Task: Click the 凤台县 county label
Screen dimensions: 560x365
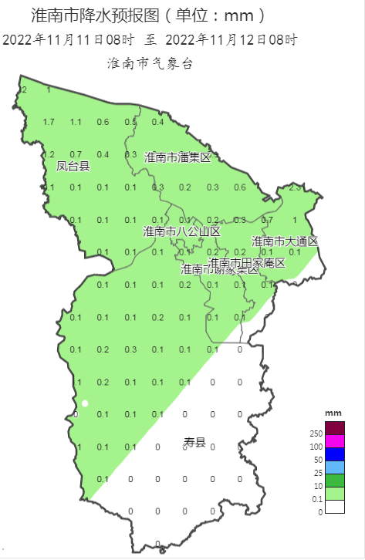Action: [73, 166]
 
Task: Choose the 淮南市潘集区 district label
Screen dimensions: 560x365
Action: [177, 157]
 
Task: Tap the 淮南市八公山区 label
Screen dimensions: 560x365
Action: [182, 231]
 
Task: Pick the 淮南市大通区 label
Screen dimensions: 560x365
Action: [285, 241]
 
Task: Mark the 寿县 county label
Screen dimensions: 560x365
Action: [194, 442]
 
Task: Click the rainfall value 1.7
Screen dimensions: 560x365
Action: [49, 122]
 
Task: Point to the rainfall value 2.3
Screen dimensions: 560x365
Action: [294, 187]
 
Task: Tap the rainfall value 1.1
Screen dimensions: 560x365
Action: [76, 122]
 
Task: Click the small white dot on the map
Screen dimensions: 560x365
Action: [86, 403]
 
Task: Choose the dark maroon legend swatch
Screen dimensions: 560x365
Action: [335, 428]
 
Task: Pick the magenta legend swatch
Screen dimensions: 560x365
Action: [335, 441]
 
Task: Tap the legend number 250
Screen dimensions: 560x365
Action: [316, 434]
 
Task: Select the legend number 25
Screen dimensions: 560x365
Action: [318, 473]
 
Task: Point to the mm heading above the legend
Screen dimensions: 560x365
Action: [333, 414]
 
